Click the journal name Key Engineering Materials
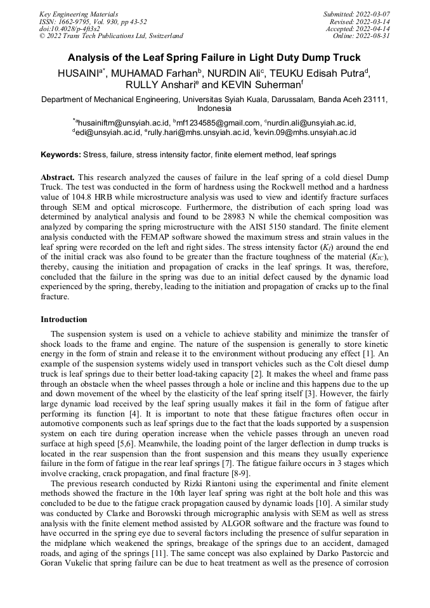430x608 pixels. tap(78, 13)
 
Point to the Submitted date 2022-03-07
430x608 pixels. tap(373, 13)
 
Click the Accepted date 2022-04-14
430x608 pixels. tap(374, 29)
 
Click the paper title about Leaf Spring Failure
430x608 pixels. tap(214, 58)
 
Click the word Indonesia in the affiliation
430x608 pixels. tap(214, 108)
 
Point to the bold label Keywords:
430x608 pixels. tap(61, 155)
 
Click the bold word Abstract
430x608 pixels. tap(57, 177)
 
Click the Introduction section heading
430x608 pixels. tap(64, 320)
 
